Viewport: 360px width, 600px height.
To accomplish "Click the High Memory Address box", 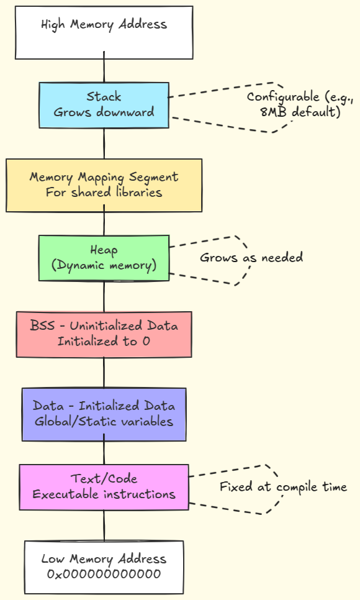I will pyautogui.click(x=104, y=32).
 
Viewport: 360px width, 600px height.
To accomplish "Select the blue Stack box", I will pyautogui.click(x=104, y=105).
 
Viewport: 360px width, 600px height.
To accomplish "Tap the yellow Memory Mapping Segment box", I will pyautogui.click(x=104, y=185).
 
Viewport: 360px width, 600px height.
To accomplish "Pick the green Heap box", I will pyautogui.click(x=104, y=257).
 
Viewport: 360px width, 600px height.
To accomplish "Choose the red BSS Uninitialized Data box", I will pyautogui.click(x=104, y=334).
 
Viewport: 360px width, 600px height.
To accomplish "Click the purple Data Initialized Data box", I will pyautogui.click(x=104, y=414).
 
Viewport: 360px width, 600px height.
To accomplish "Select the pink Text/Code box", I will pyautogui.click(x=104, y=487).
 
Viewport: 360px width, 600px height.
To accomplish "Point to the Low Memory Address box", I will pyautogui.click(x=104, y=566).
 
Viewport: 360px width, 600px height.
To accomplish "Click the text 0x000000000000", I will pyautogui.click(x=104, y=574).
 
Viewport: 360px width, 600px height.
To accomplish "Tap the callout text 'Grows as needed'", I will pyautogui.click(x=251, y=257).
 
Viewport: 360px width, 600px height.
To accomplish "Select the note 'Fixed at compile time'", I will pyautogui.click(x=283, y=487).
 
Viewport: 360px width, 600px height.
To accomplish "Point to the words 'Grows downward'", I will pyautogui.click(x=104, y=112).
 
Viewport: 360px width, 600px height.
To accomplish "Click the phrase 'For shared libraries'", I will pyautogui.click(x=104, y=193).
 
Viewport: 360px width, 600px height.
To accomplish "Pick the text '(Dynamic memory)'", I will pyautogui.click(x=104, y=265).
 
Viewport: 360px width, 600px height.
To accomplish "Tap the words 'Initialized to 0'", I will pyautogui.click(x=104, y=342).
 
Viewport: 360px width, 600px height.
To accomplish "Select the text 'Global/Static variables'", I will pyautogui.click(x=104, y=422).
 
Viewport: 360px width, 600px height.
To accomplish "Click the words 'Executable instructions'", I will pyautogui.click(x=104, y=494).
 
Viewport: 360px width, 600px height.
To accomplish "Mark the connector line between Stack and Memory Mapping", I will pyautogui.click(x=104, y=143).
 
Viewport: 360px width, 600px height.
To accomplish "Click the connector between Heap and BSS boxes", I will pyautogui.click(x=104, y=296).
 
